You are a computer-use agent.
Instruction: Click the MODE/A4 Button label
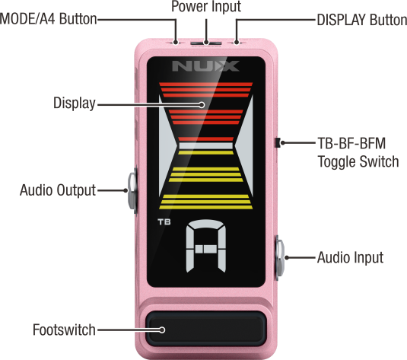coord(48,19)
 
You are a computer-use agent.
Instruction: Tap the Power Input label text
coord(206,6)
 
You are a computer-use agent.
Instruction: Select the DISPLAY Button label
coord(362,20)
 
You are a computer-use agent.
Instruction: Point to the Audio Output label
coord(58,190)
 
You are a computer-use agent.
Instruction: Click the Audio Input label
coord(351,258)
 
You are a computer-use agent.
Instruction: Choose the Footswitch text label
coord(64,330)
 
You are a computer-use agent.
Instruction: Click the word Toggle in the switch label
coord(337,162)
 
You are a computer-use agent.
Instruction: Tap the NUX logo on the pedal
coord(205,66)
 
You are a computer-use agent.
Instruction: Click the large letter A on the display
coord(206,246)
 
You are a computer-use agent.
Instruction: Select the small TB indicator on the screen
coord(164,221)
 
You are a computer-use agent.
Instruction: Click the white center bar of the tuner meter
coord(206,145)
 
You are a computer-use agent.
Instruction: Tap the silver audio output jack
coord(132,190)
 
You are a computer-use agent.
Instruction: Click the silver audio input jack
coord(280,258)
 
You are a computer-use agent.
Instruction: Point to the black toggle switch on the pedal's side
coord(278,142)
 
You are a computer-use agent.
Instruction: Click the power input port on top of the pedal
coord(206,43)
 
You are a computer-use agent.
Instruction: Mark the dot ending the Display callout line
coord(202,105)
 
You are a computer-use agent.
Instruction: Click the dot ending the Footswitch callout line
coord(162,330)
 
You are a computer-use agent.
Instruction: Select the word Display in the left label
coord(75,103)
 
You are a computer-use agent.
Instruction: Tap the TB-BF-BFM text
coord(351,143)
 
